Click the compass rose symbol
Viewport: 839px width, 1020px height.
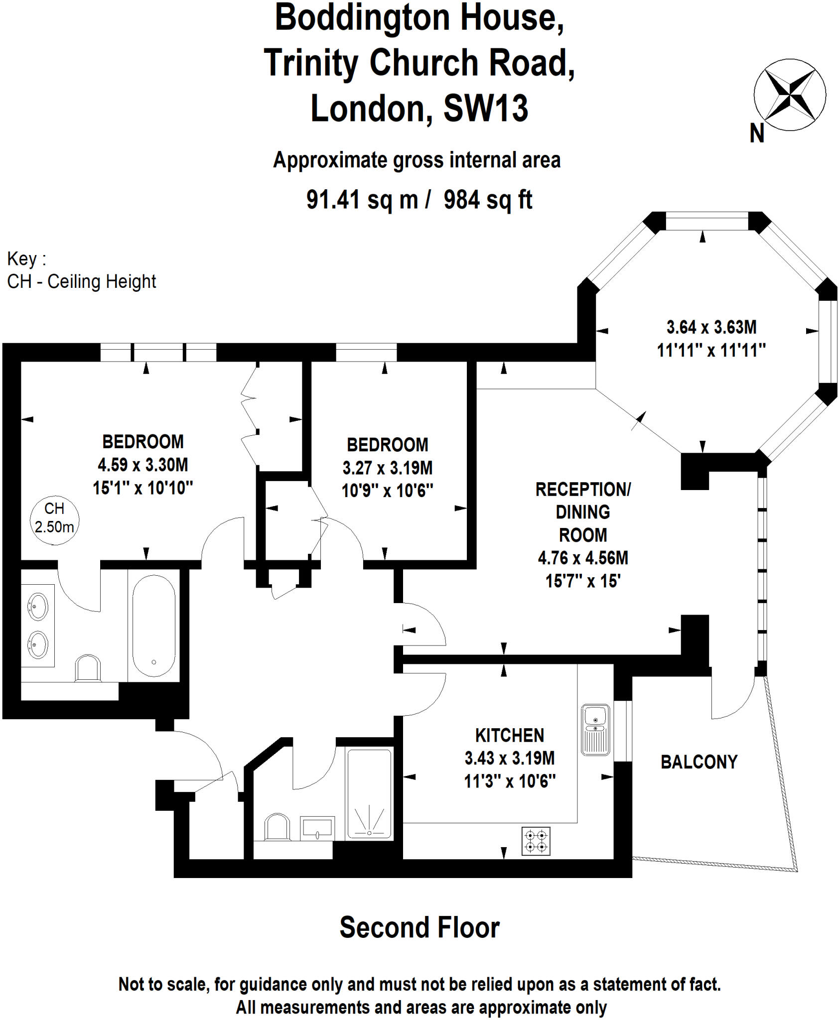pos(789,95)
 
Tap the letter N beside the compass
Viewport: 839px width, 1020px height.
pos(756,133)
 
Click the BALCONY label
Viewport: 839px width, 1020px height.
pos(699,762)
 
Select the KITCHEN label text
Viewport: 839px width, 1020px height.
pos(509,735)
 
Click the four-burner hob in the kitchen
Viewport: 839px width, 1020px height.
pos(536,841)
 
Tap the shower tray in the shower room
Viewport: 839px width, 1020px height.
pos(369,794)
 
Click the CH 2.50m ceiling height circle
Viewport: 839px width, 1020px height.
pos(54,518)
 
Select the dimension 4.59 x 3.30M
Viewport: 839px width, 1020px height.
pos(142,465)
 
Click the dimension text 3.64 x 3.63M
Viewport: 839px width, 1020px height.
pos(711,327)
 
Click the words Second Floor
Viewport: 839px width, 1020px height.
pos(419,927)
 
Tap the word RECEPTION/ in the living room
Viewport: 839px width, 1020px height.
pos(582,489)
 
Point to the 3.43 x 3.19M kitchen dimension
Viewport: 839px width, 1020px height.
pos(509,758)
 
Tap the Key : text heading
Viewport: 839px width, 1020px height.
pos(26,259)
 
